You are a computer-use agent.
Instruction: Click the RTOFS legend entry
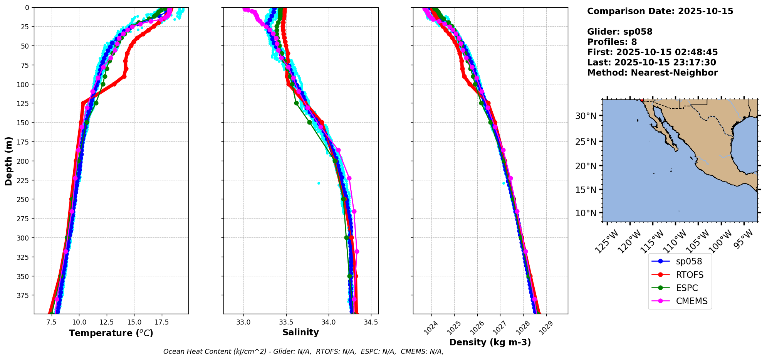click(689, 275)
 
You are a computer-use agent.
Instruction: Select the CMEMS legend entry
click(692, 301)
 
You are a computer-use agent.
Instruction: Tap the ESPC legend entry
click(686, 288)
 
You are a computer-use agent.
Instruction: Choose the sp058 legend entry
click(689, 261)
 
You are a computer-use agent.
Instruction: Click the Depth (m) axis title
click(8, 161)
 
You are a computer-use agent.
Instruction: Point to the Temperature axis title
click(111, 333)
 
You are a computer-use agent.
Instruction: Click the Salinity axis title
click(300, 332)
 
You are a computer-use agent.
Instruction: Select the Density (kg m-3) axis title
click(490, 342)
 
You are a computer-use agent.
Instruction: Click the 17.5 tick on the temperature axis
click(161, 322)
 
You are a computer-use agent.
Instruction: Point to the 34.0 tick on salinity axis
click(328, 322)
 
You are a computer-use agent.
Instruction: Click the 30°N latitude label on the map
click(586, 116)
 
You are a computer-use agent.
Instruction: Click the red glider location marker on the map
click(642, 100)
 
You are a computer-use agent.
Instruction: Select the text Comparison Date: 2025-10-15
click(660, 11)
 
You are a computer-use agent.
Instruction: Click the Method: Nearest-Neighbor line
click(652, 73)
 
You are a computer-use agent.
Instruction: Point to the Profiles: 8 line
click(612, 42)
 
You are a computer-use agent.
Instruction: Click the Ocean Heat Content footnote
click(303, 352)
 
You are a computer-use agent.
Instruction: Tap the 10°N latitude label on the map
click(586, 213)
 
